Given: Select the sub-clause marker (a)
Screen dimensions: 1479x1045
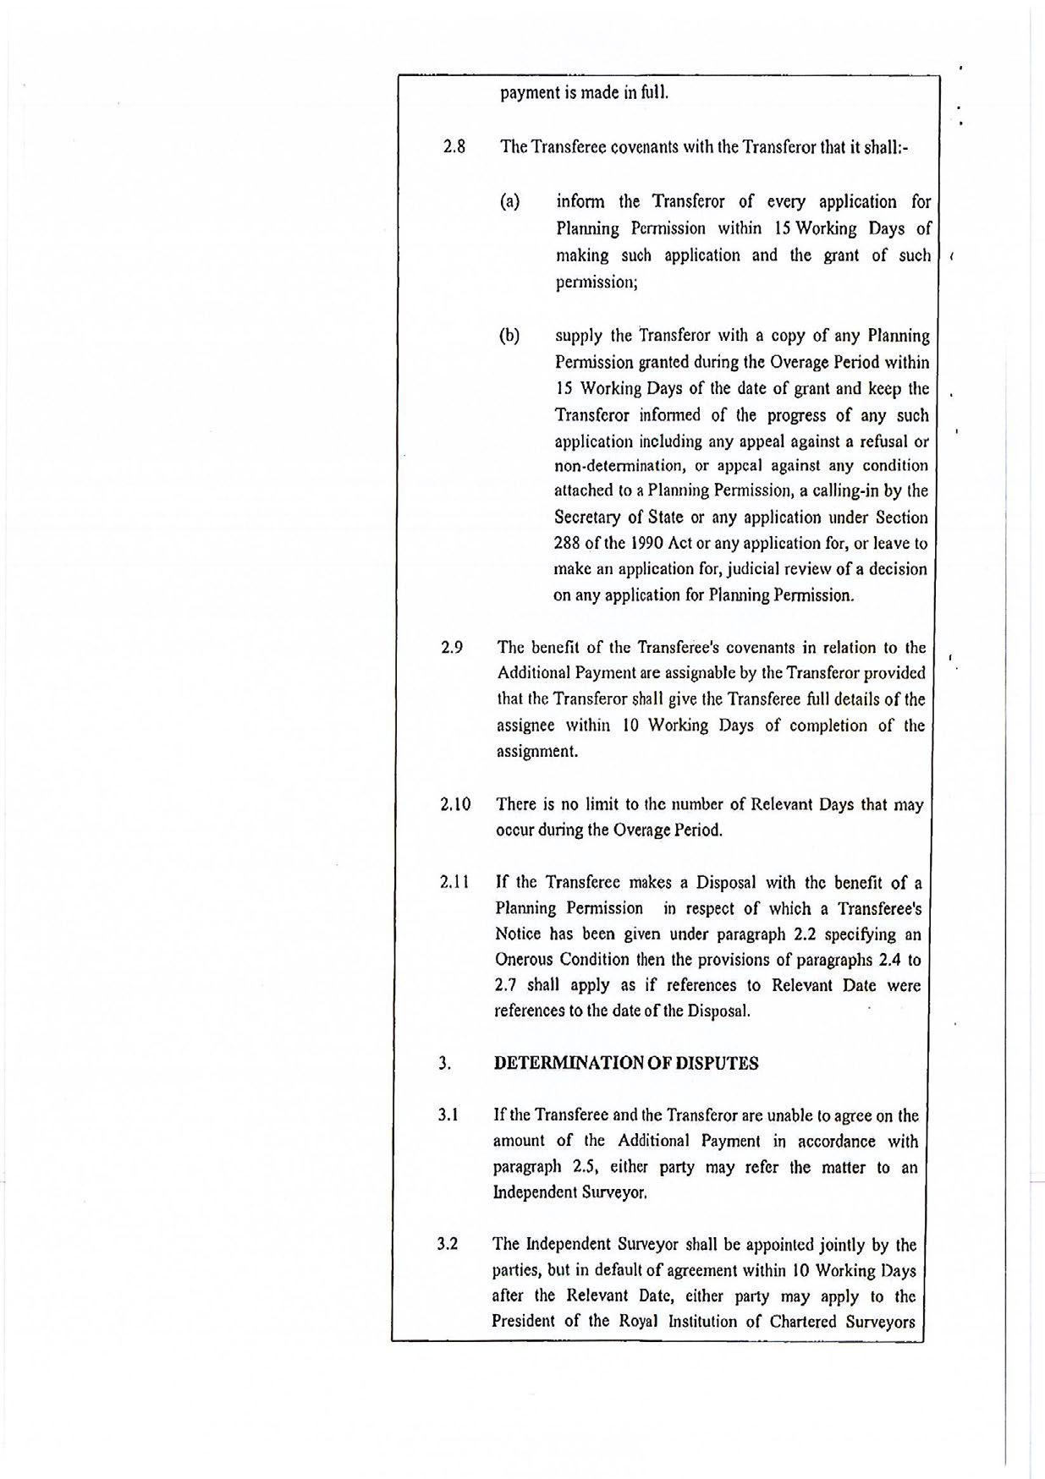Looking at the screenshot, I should [x=509, y=202].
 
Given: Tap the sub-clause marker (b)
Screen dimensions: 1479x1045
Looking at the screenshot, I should [x=509, y=336].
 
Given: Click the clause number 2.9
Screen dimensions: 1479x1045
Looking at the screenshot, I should [x=452, y=648].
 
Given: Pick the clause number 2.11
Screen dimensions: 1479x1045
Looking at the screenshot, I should [x=455, y=882].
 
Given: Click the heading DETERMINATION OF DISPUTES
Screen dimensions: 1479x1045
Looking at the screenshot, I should [x=626, y=1064].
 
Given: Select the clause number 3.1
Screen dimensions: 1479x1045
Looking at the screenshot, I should [x=448, y=1115].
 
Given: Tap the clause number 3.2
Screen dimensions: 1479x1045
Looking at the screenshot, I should [x=448, y=1245].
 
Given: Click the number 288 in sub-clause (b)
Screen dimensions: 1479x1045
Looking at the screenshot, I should [x=567, y=544].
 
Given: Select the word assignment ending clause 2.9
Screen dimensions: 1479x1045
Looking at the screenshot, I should [x=536, y=752].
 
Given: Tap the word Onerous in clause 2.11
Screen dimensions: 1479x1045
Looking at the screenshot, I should [x=523, y=960].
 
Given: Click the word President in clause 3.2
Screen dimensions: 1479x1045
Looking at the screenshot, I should [x=524, y=1322].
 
